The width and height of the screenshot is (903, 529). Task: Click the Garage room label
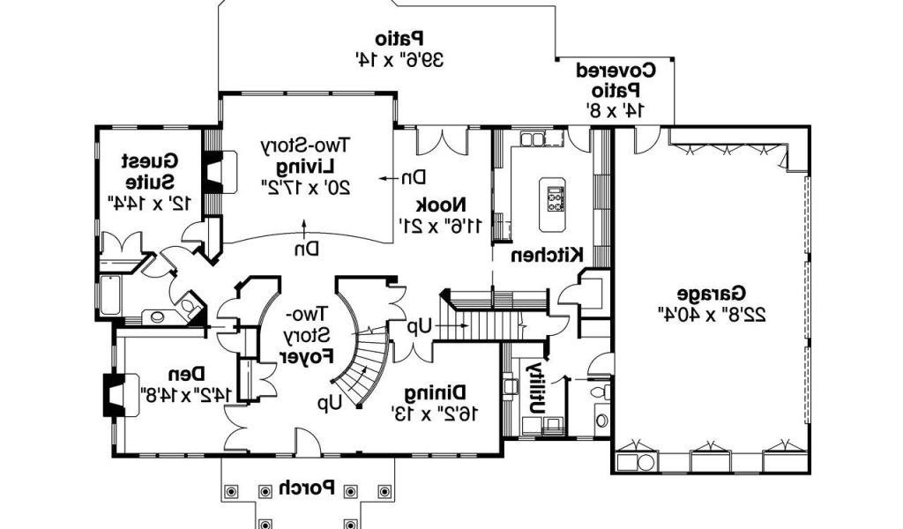pyautogui.click(x=712, y=293)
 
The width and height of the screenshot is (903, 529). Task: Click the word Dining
pyautogui.click(x=436, y=392)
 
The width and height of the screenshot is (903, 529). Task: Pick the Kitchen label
pyautogui.click(x=547, y=256)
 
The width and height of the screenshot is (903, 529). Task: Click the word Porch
pyautogui.click(x=306, y=488)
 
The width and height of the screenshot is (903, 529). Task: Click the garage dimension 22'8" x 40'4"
pyautogui.click(x=712, y=312)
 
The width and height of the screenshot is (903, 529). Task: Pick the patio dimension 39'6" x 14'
pyautogui.click(x=399, y=60)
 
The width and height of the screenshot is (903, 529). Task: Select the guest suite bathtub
pyautogui.click(x=109, y=295)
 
